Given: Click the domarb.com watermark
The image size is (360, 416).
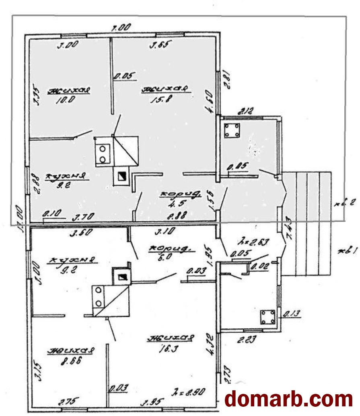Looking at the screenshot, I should (x=288, y=399).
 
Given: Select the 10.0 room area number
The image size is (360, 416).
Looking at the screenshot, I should (x=66, y=100).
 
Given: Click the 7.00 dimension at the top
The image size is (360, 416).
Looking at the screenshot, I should (x=121, y=28).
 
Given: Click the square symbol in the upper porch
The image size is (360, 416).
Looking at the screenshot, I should (x=232, y=131).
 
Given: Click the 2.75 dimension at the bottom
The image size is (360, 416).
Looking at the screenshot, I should (x=68, y=402).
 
